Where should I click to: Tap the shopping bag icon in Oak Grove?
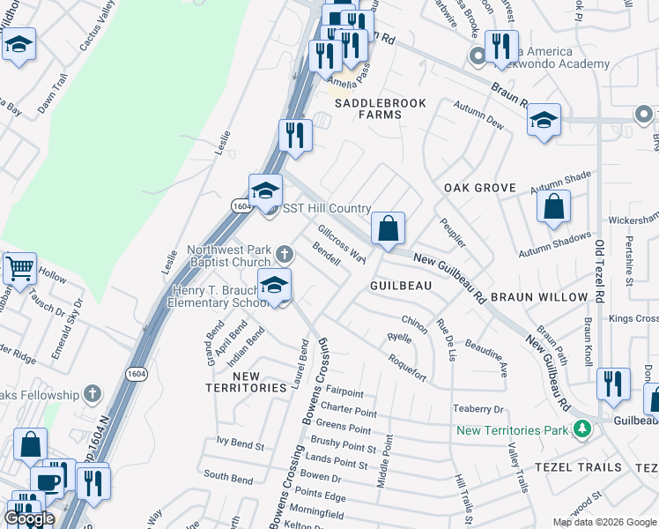click(x=554, y=208)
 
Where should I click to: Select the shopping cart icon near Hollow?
click(x=19, y=266)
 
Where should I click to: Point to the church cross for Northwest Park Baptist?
click(x=284, y=254)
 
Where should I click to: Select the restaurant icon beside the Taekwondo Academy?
click(x=501, y=47)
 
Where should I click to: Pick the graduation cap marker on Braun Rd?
click(x=544, y=119)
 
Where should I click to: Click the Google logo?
click(x=29, y=518)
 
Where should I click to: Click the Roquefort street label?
click(x=407, y=367)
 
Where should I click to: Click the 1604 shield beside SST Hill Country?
click(x=242, y=205)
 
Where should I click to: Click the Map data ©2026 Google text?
click(x=603, y=522)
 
